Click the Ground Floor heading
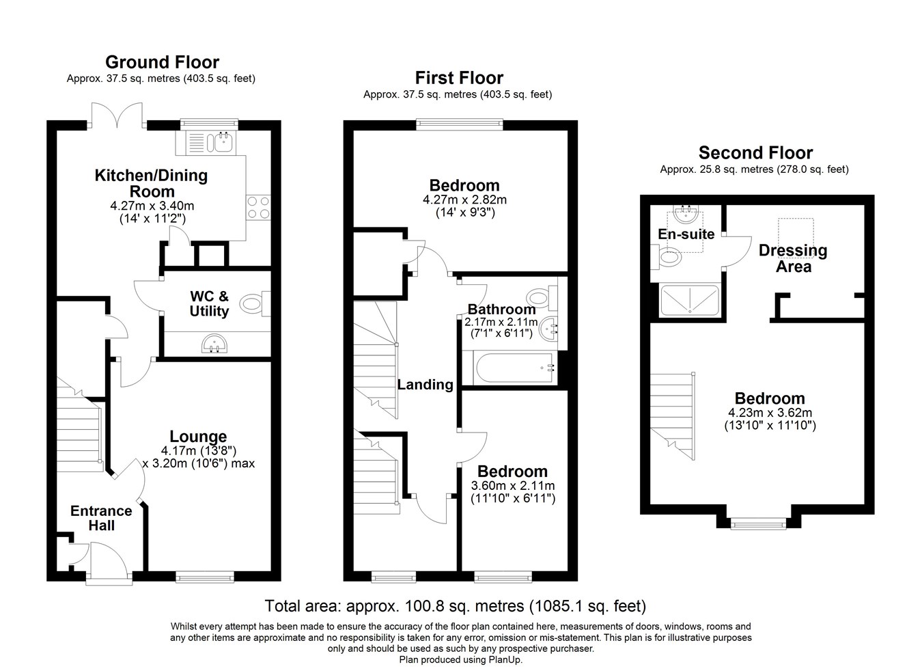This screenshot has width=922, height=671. coord(162,62)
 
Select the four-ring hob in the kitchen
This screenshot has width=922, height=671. coord(258,207)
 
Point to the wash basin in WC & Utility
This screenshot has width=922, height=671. coord(215,344)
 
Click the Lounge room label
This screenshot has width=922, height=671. coord(198,436)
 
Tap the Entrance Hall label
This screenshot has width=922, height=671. coord(101,518)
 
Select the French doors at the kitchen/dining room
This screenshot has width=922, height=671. coord(117,115)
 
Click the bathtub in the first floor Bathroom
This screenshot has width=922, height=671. coord(514,368)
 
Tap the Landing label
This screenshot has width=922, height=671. coord(425,385)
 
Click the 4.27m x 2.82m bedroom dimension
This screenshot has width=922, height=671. coord(464,200)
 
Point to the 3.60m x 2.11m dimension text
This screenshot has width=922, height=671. coord(513,485)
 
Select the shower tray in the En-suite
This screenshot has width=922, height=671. coord(689,301)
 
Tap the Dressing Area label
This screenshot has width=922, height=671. coord(793,259)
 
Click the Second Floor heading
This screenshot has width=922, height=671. coord(756,153)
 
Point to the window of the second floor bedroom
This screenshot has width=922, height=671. coord(759,525)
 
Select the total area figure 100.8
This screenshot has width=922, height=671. coord(421,606)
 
